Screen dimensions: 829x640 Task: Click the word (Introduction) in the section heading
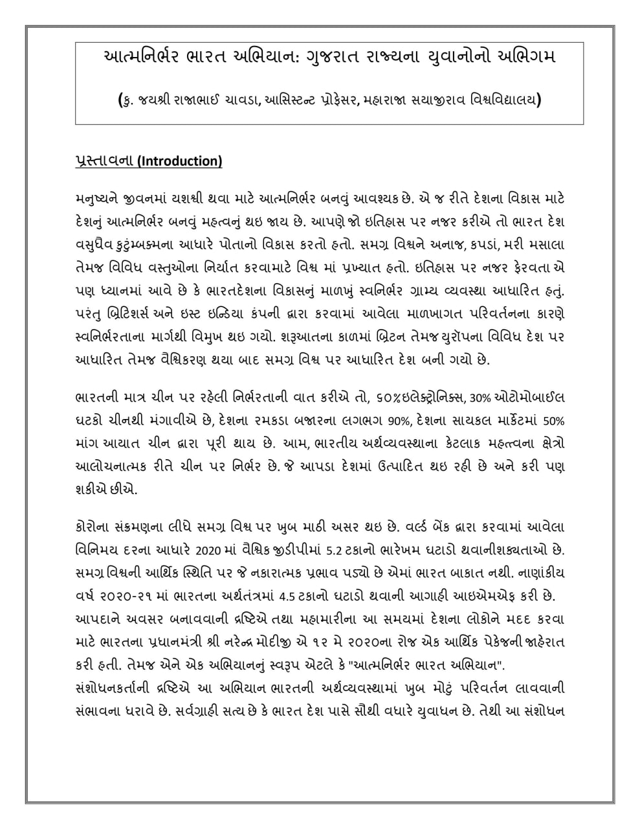pos(179,161)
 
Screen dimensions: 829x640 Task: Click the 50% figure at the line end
pos(554,420)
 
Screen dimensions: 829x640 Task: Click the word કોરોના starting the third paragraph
pos(92,528)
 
